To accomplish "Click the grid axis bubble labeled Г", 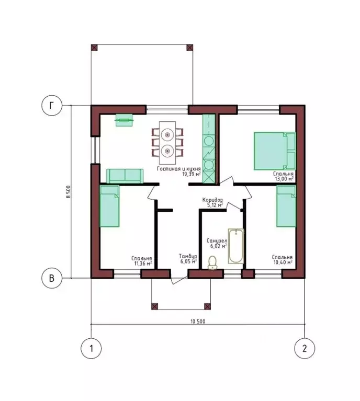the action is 52,106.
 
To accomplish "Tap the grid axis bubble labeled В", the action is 52,278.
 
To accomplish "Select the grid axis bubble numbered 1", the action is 91,348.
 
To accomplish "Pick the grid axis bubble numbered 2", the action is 305,348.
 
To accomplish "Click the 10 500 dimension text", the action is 198,322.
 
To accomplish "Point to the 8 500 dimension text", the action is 67,192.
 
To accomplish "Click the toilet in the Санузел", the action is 212,262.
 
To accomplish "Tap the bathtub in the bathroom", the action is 236,246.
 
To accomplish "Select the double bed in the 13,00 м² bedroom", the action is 275,151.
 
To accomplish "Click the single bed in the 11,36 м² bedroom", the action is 109,206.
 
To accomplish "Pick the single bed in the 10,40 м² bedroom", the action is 286,206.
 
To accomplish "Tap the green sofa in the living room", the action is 125,176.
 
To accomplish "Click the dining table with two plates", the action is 167,143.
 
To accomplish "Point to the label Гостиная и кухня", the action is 179,169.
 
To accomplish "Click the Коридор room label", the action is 212,200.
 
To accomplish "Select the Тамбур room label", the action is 188,256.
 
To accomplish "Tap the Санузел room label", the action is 217,240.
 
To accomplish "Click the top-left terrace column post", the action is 95,48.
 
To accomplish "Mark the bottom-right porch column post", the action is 207,306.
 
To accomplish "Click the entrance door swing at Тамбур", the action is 179,280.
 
